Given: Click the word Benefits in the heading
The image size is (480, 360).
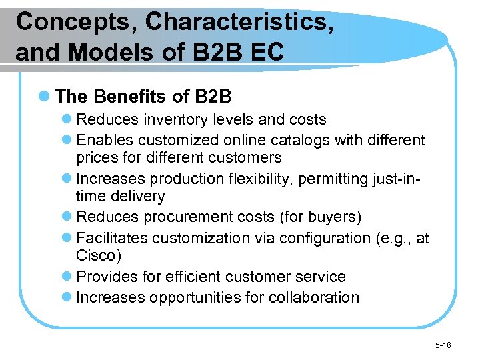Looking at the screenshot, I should pyautogui.click(x=130, y=97).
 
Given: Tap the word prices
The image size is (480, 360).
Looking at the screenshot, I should pyautogui.click(x=97, y=158).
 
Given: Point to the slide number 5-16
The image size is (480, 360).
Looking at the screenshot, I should pyautogui.click(x=443, y=345).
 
